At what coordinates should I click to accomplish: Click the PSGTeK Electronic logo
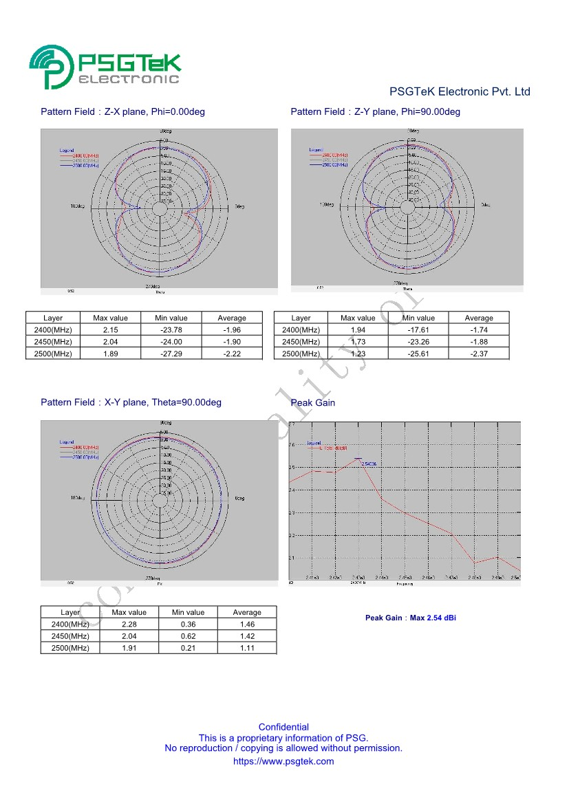click(x=105, y=67)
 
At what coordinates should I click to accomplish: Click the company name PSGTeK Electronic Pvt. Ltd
click(x=460, y=91)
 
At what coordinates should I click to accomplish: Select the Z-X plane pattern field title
click(x=122, y=111)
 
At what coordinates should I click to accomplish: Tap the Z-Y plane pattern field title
click(x=375, y=111)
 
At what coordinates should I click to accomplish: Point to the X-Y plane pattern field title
click(x=131, y=402)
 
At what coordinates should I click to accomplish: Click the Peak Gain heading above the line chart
click(x=313, y=403)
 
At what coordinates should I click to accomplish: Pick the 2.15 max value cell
click(x=110, y=330)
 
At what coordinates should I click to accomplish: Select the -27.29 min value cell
click(x=171, y=354)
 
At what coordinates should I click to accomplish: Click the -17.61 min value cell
click(x=418, y=330)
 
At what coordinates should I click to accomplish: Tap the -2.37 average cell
click(x=479, y=354)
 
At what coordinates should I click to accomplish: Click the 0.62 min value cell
click(x=188, y=636)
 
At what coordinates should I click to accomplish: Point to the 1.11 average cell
click(x=247, y=648)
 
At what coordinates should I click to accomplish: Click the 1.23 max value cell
click(x=358, y=354)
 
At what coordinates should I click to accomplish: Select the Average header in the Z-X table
click(x=232, y=318)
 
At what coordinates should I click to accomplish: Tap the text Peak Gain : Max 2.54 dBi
click(x=410, y=618)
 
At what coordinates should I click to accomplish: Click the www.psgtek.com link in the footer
click(x=283, y=761)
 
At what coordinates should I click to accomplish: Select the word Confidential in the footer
click(x=283, y=727)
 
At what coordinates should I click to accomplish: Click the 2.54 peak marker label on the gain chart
click(x=370, y=464)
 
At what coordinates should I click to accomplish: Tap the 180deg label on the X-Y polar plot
click(x=77, y=497)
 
